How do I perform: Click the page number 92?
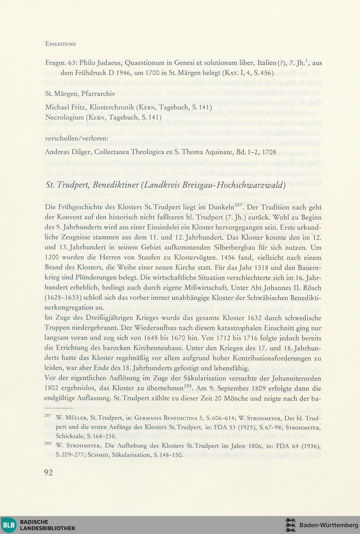click(x=49, y=472)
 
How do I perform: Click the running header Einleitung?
click(x=60, y=44)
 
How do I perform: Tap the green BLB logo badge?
click(x=8, y=525)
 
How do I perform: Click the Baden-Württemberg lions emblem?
click(x=290, y=525)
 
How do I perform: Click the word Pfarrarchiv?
click(x=98, y=94)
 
